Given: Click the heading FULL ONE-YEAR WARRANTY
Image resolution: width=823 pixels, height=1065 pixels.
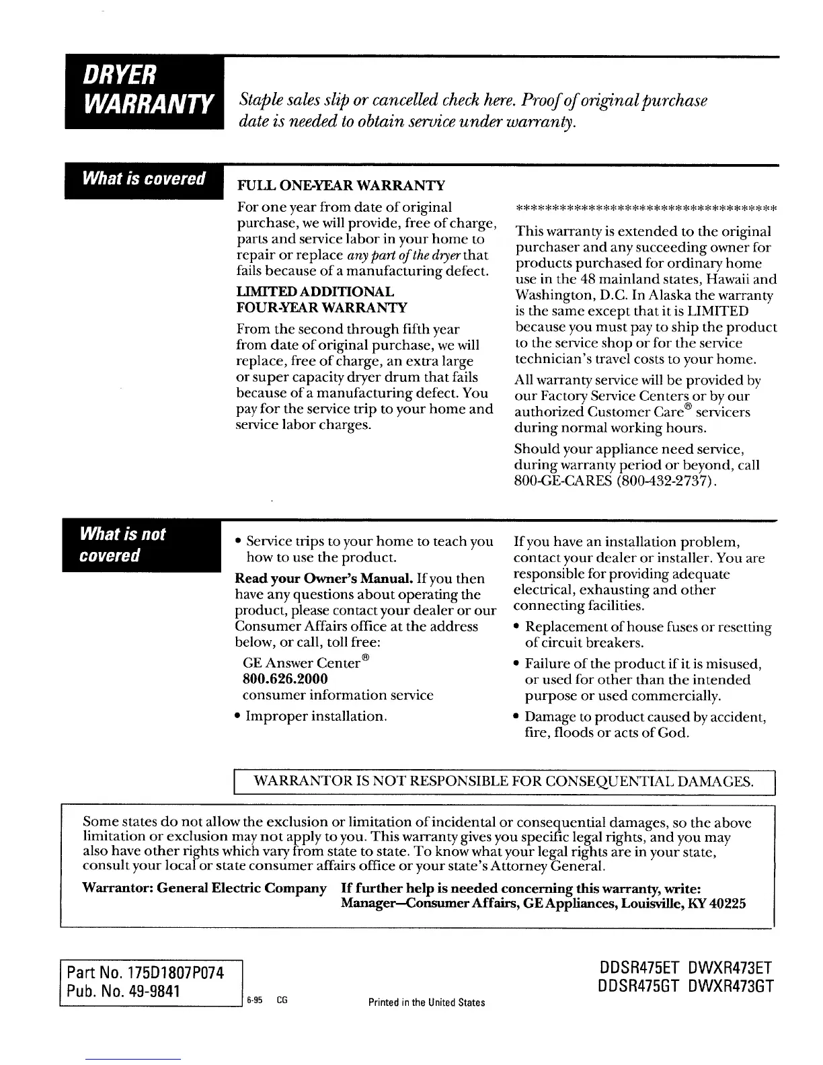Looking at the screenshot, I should [x=342, y=185].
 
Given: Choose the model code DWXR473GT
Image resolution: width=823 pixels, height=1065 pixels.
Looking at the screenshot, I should [x=732, y=986].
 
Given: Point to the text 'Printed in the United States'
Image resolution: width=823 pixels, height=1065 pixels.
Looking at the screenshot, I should [x=427, y=1002].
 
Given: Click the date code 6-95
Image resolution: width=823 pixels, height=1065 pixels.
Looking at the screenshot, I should [x=253, y=1000].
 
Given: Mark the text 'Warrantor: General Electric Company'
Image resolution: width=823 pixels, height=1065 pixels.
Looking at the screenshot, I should [x=204, y=888].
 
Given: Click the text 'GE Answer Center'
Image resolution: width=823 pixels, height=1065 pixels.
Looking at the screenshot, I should [x=302, y=663].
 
